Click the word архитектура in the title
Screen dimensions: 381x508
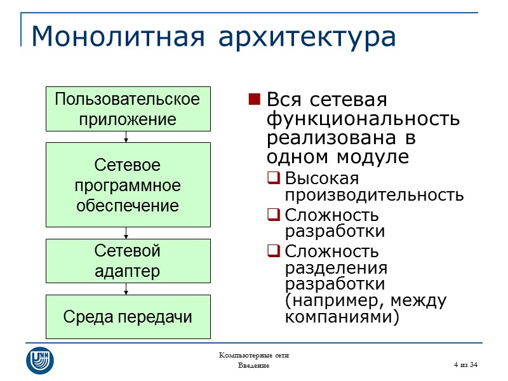(307, 38)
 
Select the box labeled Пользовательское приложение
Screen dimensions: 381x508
(127, 109)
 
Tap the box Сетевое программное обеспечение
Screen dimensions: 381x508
(127, 185)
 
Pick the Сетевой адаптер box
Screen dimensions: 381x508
(127, 261)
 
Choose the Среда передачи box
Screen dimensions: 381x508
(127, 317)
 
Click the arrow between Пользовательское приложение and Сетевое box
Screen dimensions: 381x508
(127, 137)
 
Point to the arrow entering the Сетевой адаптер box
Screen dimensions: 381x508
(127, 233)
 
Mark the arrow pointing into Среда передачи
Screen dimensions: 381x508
(127, 289)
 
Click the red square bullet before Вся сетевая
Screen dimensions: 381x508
(254, 100)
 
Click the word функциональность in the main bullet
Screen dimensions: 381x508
(363, 119)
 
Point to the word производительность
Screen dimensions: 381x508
(374, 194)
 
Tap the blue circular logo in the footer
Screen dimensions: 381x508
(39, 360)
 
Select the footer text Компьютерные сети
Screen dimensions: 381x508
(253, 355)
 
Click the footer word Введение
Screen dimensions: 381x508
(253, 366)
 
